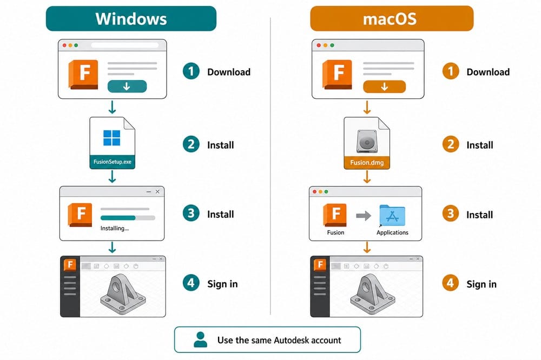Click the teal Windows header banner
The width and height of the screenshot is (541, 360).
(x=131, y=18)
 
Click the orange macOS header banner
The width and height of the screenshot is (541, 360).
(x=392, y=18)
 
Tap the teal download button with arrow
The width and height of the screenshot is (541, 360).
(x=127, y=86)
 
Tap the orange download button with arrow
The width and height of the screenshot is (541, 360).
(x=384, y=86)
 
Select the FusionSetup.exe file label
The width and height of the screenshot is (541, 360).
(x=113, y=162)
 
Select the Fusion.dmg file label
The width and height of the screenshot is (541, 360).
(x=367, y=162)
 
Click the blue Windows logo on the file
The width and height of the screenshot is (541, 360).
(x=112, y=138)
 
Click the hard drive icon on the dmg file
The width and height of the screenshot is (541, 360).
(x=367, y=141)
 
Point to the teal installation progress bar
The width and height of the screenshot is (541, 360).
(x=117, y=218)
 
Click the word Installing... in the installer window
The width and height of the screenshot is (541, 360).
(x=115, y=228)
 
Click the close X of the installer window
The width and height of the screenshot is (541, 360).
(x=157, y=191)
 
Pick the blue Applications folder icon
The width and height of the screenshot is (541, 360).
(x=392, y=215)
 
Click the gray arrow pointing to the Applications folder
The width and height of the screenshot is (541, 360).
(x=364, y=216)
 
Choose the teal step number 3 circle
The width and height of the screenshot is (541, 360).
(x=191, y=214)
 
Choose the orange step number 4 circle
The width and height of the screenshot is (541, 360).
(x=450, y=283)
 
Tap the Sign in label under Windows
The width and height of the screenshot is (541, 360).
(x=222, y=284)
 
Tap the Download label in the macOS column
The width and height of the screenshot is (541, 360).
(x=488, y=72)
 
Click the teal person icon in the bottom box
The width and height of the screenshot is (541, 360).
(x=201, y=339)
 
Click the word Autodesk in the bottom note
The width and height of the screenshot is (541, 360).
(x=291, y=341)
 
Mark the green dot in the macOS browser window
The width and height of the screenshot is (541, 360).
(x=332, y=45)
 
